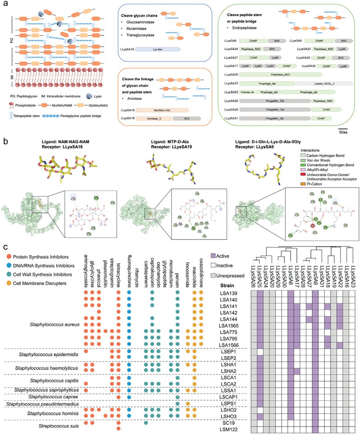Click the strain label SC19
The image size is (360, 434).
pyautogui.click(x=231, y=422)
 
